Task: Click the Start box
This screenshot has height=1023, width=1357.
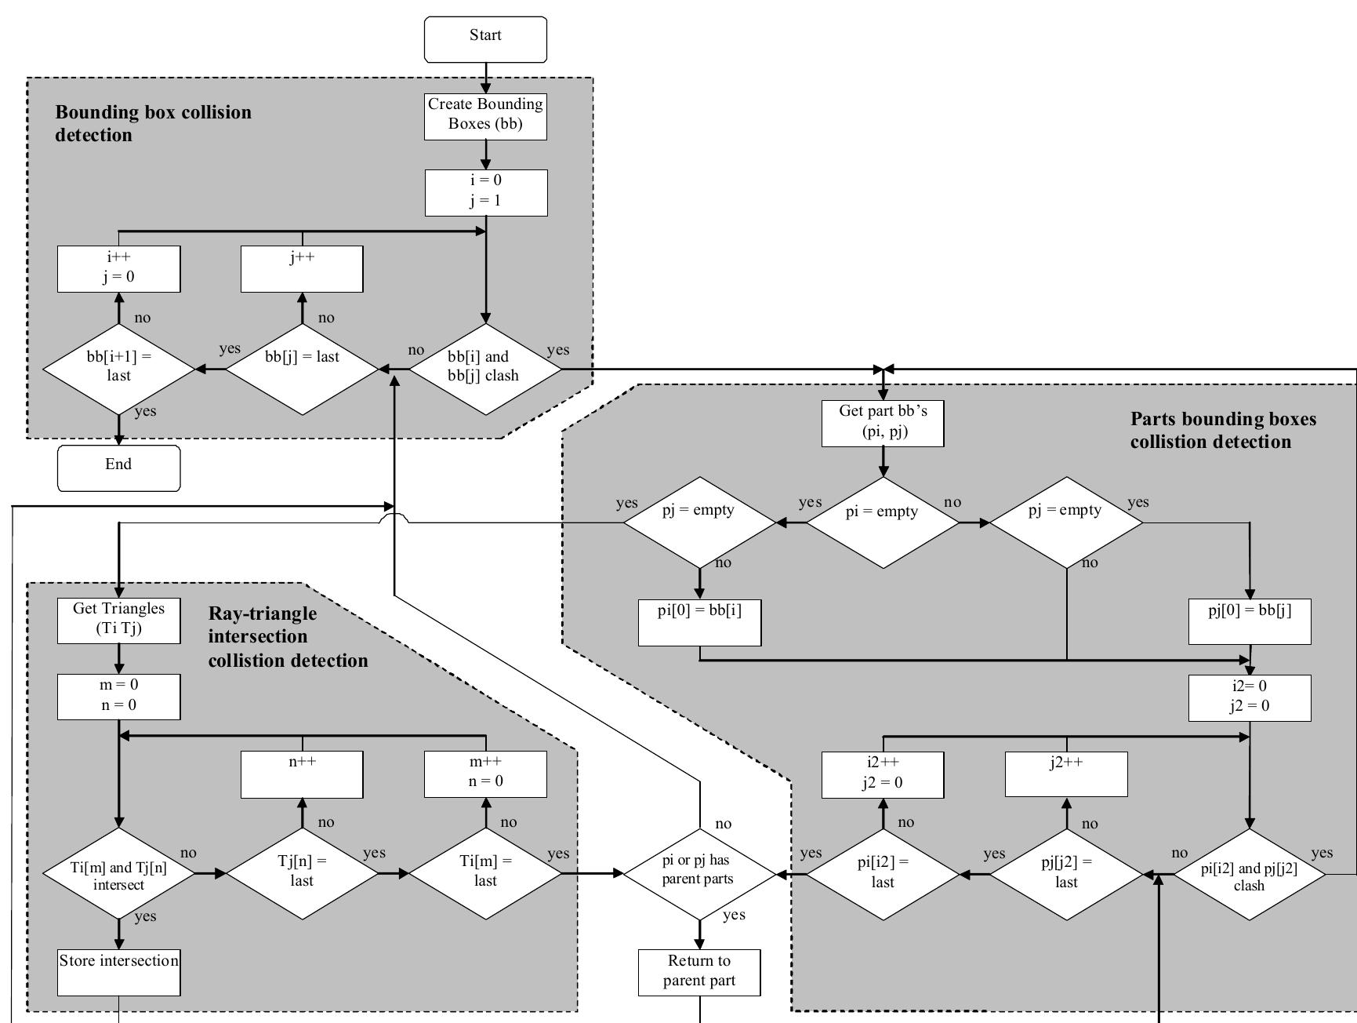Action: click(485, 39)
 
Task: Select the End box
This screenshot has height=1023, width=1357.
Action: click(118, 468)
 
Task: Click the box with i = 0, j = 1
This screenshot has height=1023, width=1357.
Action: click(486, 193)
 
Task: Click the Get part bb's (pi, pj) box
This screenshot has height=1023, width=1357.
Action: click(883, 424)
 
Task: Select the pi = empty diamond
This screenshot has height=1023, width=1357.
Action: click(883, 521)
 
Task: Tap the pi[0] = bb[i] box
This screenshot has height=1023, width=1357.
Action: click(699, 622)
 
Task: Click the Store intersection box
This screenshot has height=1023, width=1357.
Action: click(119, 972)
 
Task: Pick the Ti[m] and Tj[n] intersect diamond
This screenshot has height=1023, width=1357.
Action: click(118, 873)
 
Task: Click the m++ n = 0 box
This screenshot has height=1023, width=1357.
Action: click(485, 774)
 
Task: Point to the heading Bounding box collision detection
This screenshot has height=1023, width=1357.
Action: click(153, 123)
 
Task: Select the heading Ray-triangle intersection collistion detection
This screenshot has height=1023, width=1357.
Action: click(287, 636)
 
